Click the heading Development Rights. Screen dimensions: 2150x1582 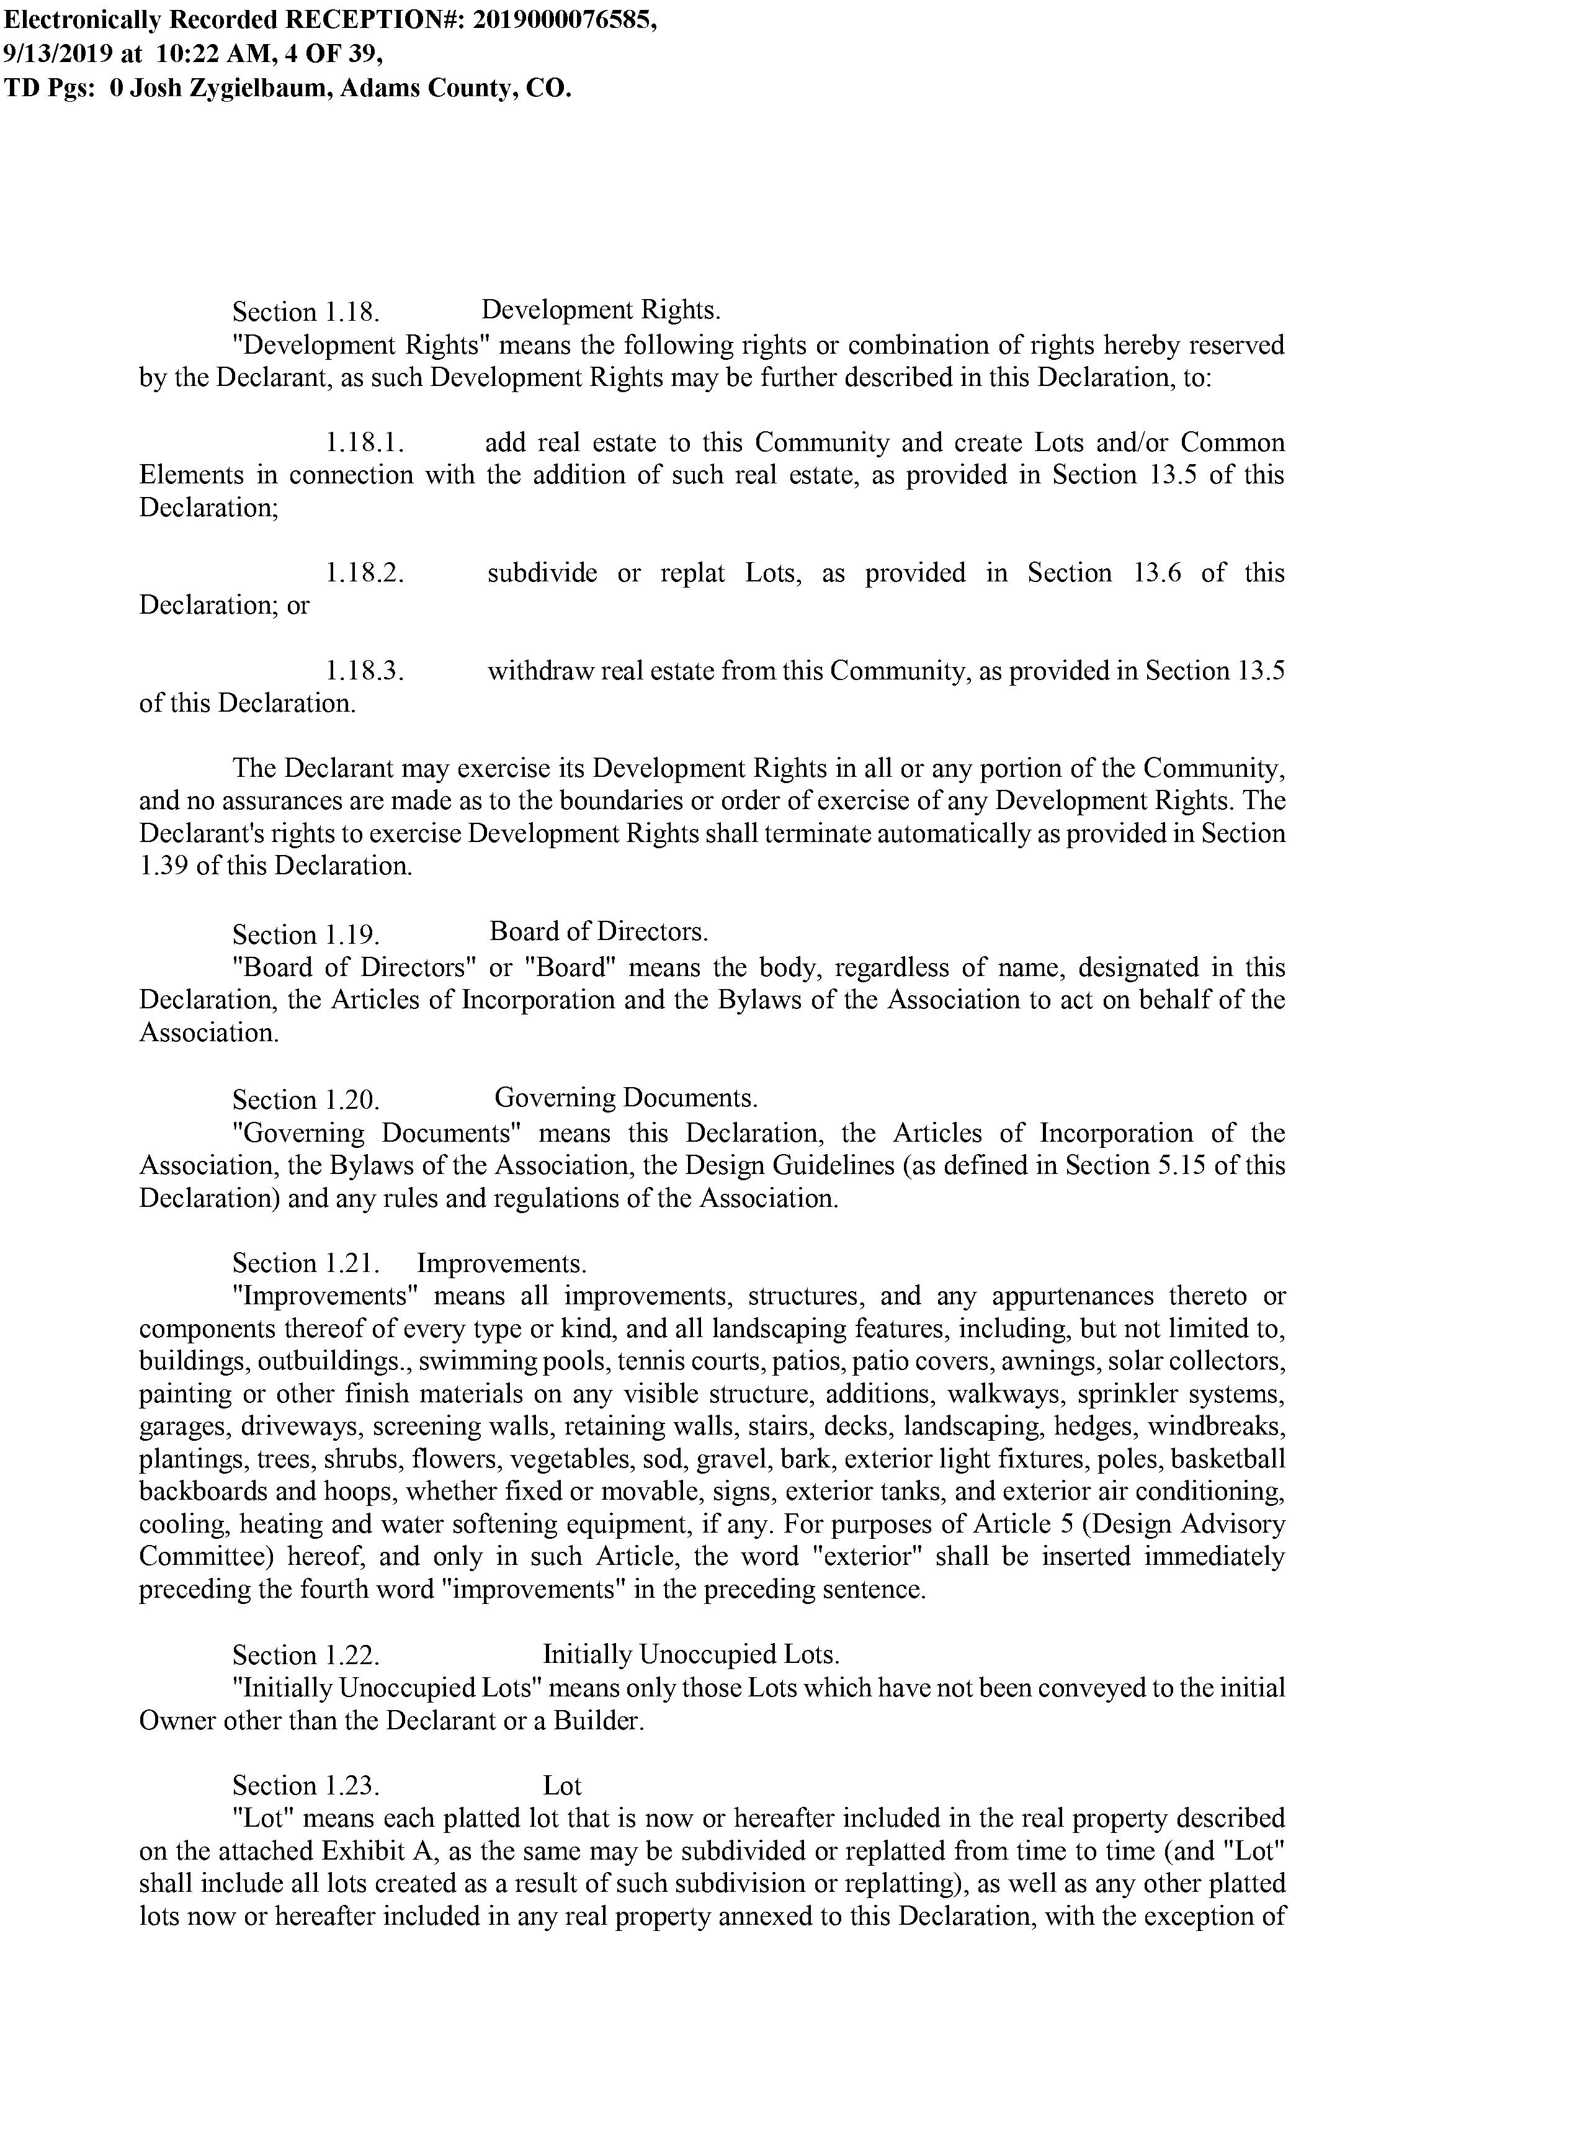click(x=601, y=310)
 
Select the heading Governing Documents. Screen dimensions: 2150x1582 click(x=627, y=1098)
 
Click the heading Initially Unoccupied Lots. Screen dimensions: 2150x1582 click(x=690, y=1654)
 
